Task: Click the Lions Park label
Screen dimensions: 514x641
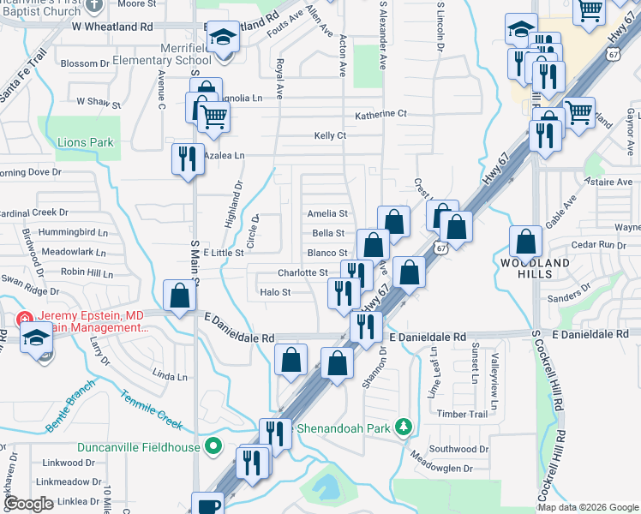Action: pos(85,142)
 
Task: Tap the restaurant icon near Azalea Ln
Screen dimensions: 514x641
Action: pos(188,158)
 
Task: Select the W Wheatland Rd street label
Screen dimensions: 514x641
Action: pos(112,27)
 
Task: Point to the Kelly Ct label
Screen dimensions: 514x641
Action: pos(330,135)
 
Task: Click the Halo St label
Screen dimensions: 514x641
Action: pos(275,292)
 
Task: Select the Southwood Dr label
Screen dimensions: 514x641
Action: pos(458,449)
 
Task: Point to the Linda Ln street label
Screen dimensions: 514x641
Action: pos(170,376)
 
